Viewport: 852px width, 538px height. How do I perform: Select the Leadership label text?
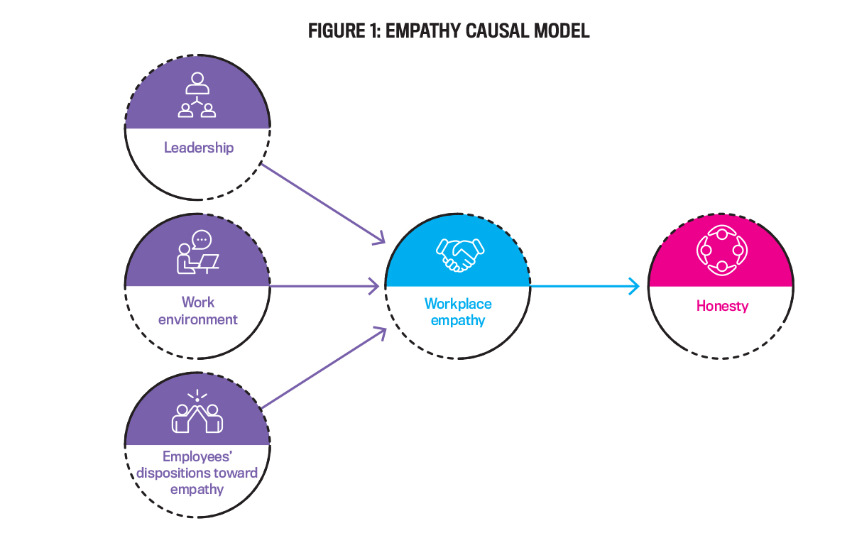[x=199, y=148]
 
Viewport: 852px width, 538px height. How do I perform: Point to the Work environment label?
[x=198, y=311]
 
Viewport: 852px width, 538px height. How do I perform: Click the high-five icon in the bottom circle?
[x=197, y=415]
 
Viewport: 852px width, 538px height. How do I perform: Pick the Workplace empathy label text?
[x=458, y=312]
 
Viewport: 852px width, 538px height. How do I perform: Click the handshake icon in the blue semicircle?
[x=459, y=253]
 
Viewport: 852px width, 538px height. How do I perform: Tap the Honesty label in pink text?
[x=722, y=306]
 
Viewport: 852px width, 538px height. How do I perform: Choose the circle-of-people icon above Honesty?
[x=721, y=251]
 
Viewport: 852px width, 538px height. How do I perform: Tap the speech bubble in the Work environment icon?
[x=202, y=239]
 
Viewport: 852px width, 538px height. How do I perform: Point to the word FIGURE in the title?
[x=334, y=31]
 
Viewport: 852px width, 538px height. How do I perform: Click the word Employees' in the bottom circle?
[x=198, y=457]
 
